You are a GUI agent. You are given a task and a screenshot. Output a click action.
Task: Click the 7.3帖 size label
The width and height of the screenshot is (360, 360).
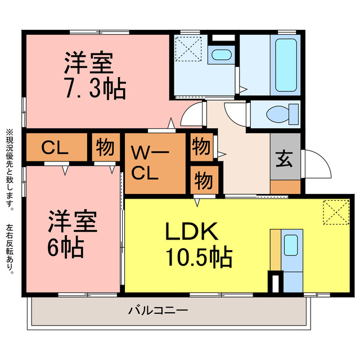coord(96,89)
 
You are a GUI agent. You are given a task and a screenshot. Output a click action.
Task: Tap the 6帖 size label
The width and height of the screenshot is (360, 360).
coord(65,247)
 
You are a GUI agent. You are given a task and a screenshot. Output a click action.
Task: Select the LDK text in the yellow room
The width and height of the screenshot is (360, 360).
coord(192,231)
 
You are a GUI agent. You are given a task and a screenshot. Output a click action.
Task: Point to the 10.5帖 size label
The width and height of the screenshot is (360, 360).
coord(199,256)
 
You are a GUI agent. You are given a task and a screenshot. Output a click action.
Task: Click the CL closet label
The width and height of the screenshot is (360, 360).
coord(55,147)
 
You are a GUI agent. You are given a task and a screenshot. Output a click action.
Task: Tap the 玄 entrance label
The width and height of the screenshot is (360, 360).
coord(284,159)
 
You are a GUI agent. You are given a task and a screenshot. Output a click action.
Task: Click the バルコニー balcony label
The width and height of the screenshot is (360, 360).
coord(158,310)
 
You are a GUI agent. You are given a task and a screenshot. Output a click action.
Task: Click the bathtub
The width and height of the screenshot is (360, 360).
coord(286,65)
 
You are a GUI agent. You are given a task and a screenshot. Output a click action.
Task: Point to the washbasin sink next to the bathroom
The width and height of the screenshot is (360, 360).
coord(221,55)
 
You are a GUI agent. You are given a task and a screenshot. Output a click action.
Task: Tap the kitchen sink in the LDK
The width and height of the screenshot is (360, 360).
coord(291,245)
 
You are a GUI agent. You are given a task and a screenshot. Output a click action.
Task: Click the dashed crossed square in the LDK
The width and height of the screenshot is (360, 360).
coord(336,212)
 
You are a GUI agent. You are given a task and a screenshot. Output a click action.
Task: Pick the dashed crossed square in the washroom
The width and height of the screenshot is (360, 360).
coord(188,49)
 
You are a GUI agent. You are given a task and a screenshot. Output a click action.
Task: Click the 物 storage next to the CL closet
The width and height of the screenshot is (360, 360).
coord(105,147)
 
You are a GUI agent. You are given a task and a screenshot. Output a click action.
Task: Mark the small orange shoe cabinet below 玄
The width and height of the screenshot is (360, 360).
coord(285,187)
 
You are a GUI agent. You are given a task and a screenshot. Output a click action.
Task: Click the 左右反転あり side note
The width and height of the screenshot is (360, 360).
coord(10,249)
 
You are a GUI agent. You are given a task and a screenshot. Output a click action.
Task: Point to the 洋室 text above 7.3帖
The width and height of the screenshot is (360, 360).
coord(89,63)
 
